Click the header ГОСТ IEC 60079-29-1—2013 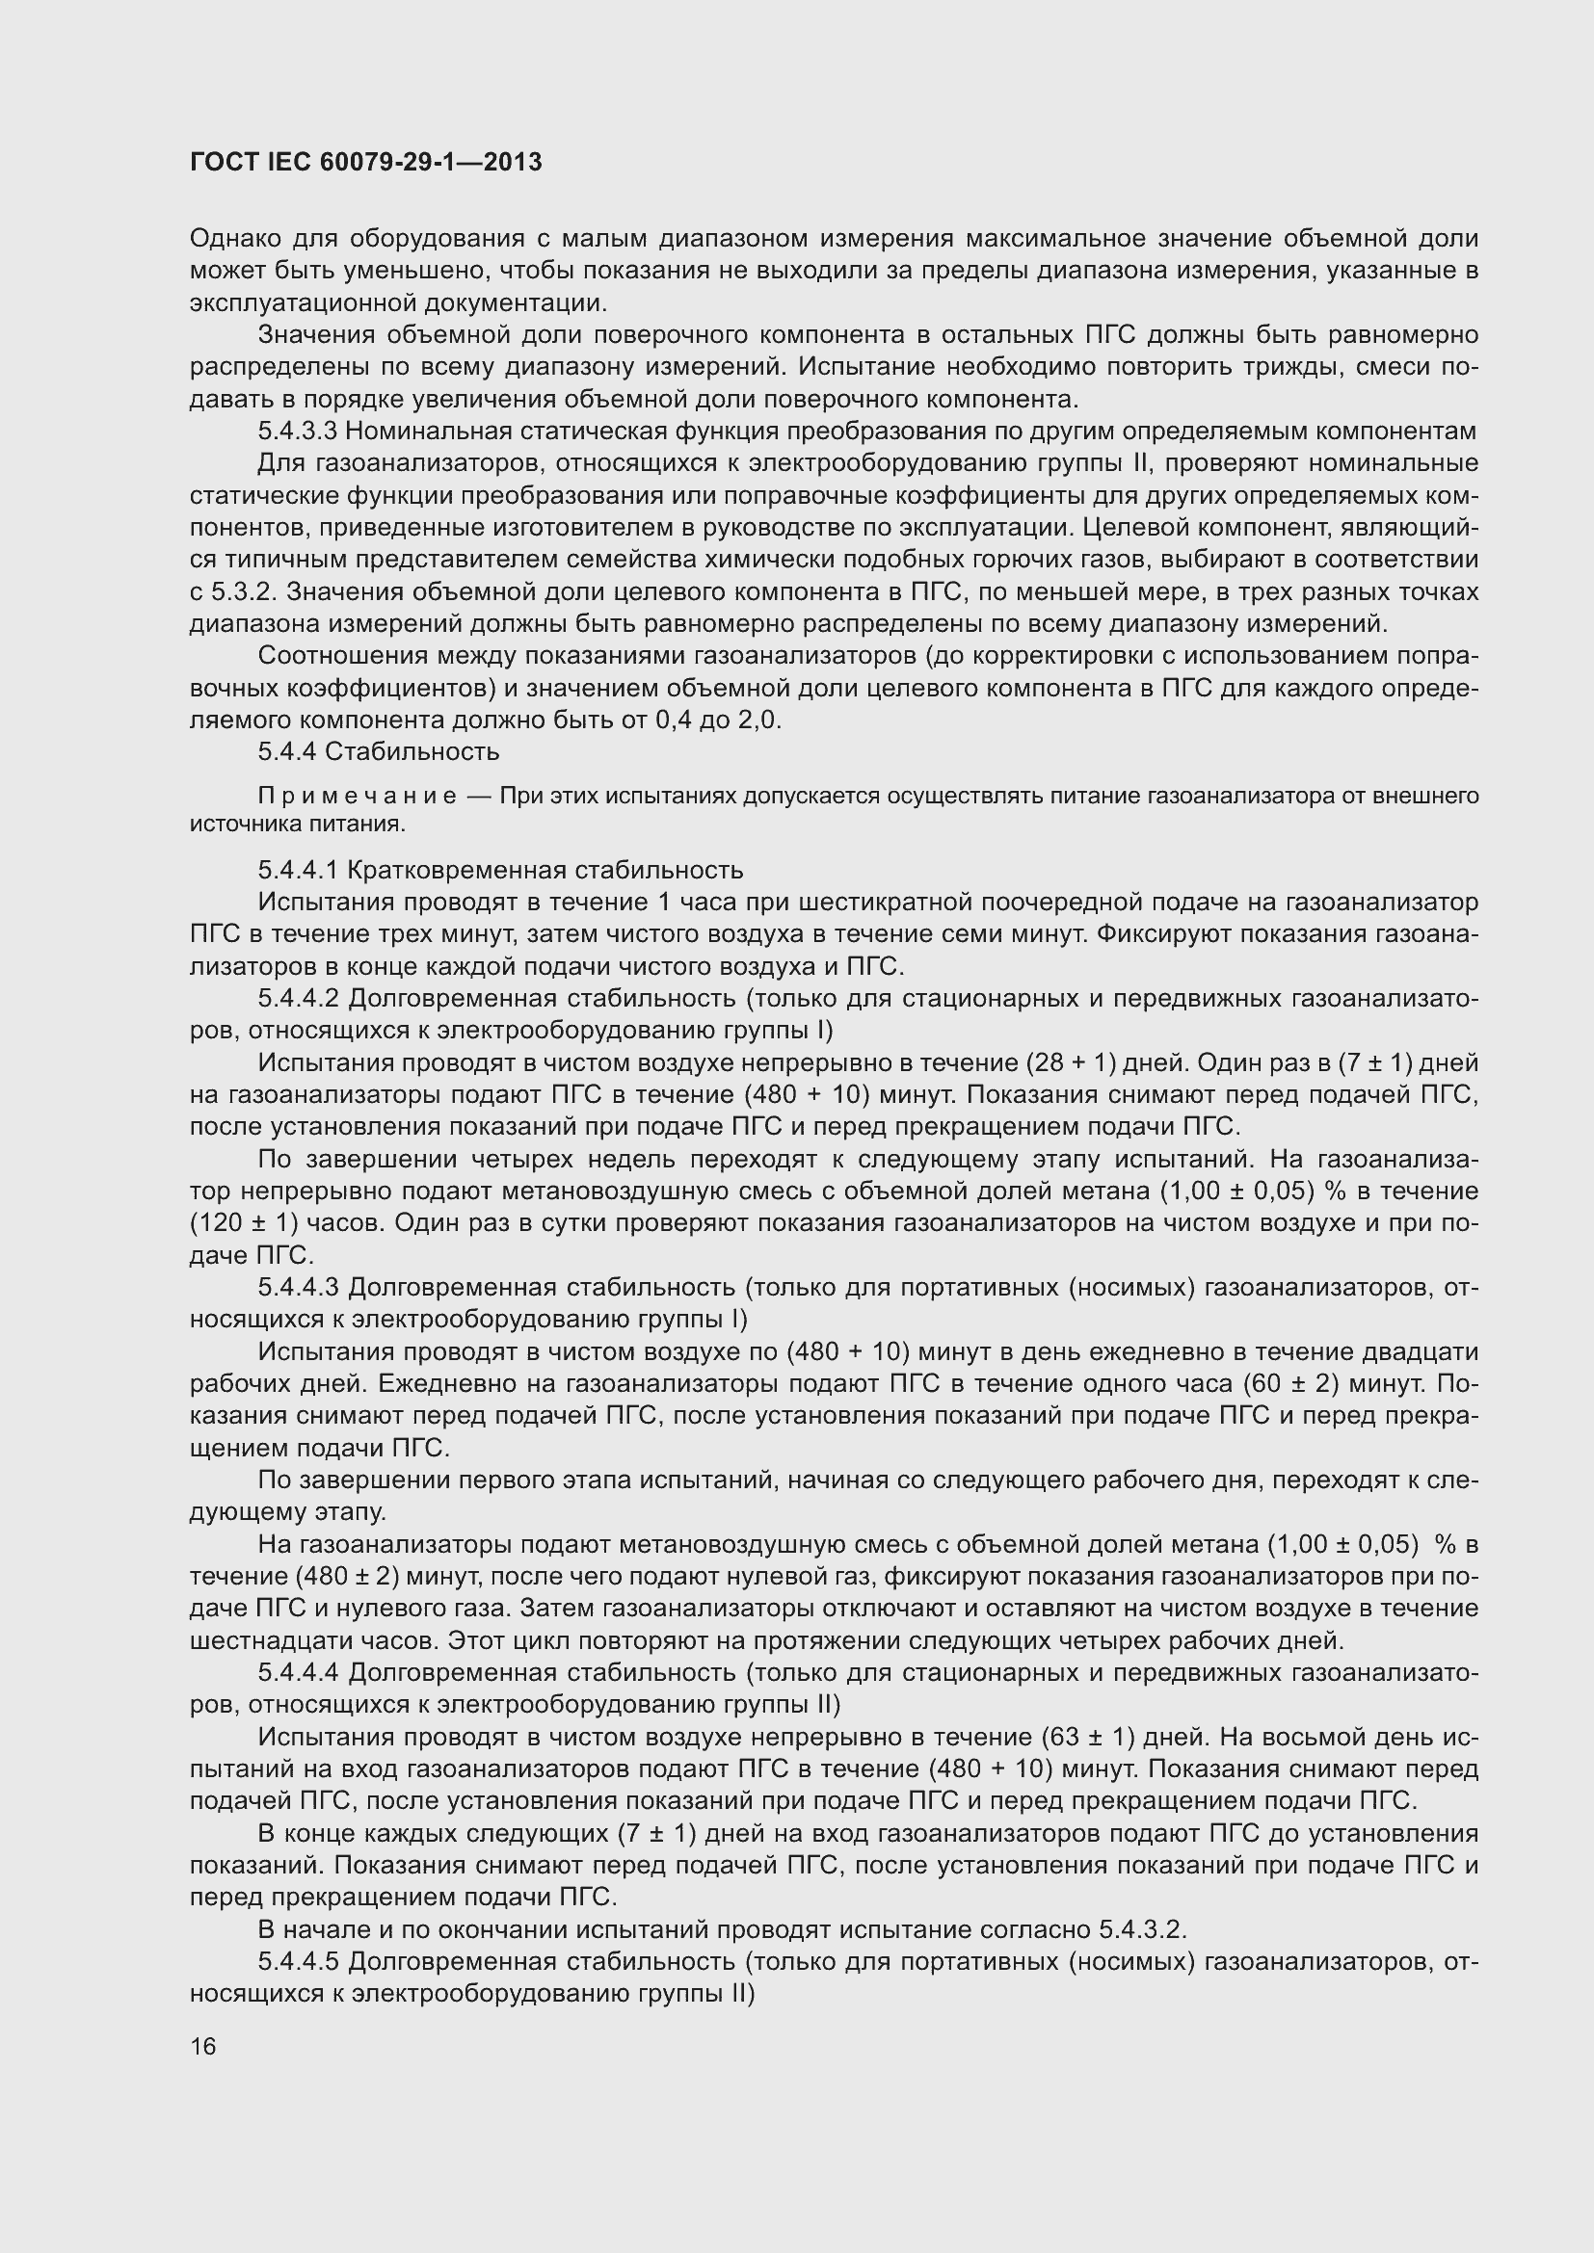click(x=365, y=162)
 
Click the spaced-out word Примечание click(x=358, y=795)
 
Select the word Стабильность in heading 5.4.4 click(x=412, y=751)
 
